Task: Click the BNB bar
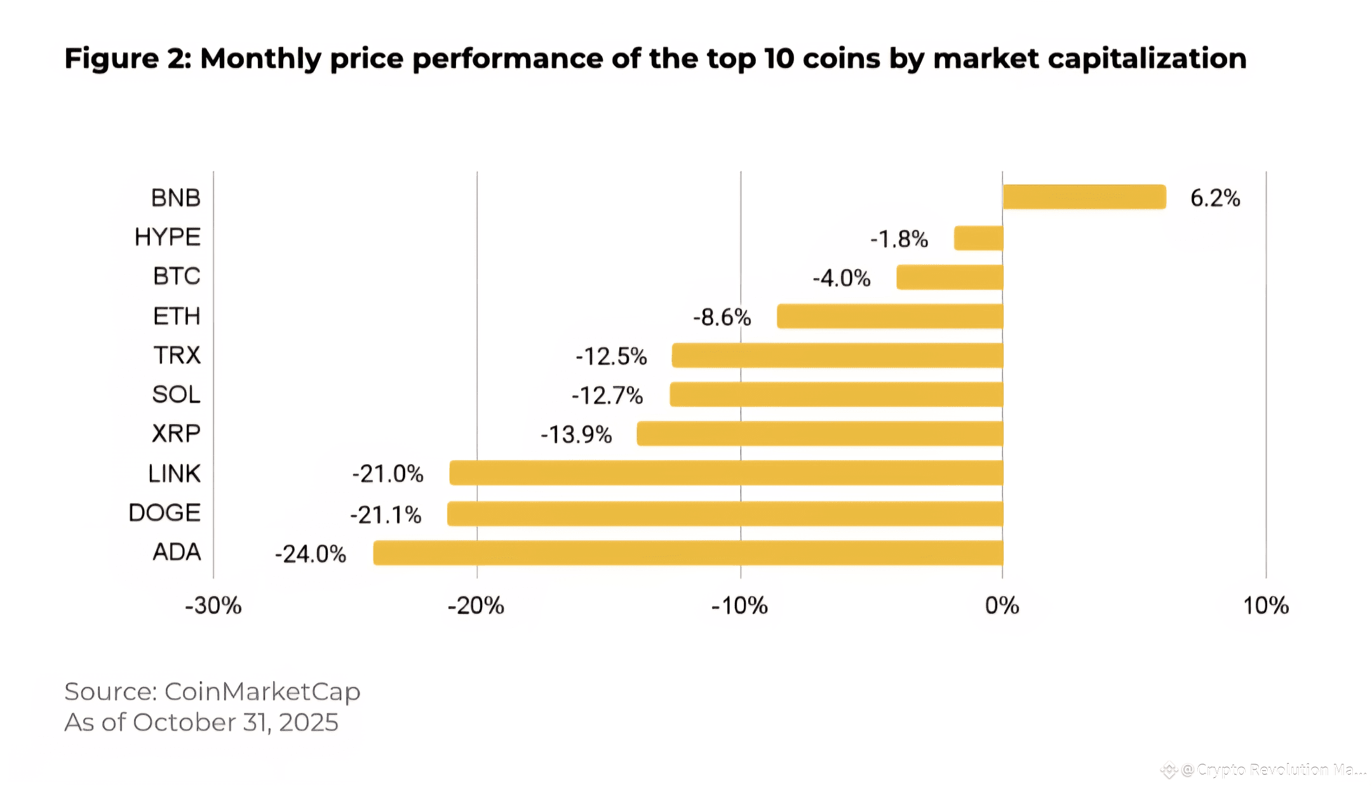pos(1084,197)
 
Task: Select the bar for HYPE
pos(978,238)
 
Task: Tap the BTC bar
pos(950,277)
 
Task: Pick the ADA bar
pos(688,552)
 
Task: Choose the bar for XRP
pos(819,434)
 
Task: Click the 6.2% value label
pos(1214,198)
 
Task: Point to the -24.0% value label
pos(310,554)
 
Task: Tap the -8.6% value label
pos(722,317)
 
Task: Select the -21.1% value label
pos(386,514)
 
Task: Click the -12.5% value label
pos(611,356)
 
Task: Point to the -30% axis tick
pos(213,606)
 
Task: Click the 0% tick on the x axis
pos(1002,606)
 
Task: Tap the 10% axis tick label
pos(1265,606)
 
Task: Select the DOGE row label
pos(165,512)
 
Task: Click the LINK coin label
pos(174,474)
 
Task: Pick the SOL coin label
pos(176,394)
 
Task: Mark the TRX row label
pos(177,355)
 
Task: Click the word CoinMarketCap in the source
pos(262,691)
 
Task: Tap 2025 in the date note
pos(308,723)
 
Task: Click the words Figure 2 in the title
pos(127,58)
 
